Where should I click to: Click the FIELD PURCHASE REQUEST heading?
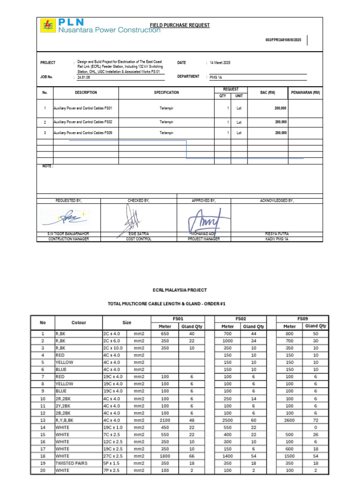click(180, 25)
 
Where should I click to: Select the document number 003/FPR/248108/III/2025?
click(283, 40)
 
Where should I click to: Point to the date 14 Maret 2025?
click(220, 63)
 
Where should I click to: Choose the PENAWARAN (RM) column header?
click(305, 93)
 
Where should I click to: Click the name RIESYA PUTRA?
click(277, 233)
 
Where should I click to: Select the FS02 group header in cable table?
click(240, 318)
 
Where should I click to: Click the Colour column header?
click(79, 322)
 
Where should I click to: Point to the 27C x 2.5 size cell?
click(112, 455)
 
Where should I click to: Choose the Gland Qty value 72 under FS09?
click(315, 421)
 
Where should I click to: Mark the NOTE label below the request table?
click(47, 166)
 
